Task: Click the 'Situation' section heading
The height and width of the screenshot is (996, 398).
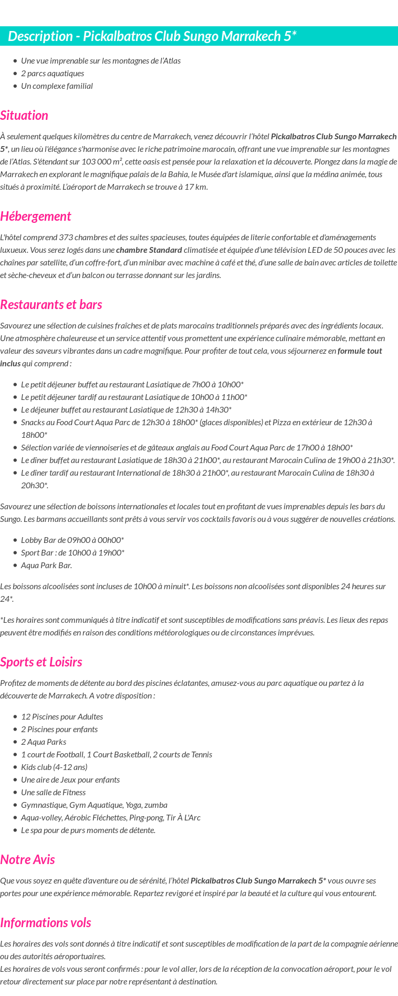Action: (24, 116)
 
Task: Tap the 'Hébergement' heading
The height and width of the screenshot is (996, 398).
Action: (35, 217)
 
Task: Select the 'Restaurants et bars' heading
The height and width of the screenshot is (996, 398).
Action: (51, 305)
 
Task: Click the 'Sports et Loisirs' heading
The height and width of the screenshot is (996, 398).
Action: (41, 662)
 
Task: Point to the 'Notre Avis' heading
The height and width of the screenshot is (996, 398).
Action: (27, 860)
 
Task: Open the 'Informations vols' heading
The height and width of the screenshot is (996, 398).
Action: (45, 923)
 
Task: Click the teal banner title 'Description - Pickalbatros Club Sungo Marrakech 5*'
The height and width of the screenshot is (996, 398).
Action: (152, 36)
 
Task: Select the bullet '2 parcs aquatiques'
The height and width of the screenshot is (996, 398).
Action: (53, 74)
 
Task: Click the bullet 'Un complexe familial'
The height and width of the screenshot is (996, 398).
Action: (57, 86)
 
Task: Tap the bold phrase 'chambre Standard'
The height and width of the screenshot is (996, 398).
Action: (149, 250)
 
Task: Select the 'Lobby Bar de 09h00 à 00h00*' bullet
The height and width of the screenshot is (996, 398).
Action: (72, 540)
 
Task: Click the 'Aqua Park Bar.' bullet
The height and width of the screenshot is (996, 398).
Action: (46, 566)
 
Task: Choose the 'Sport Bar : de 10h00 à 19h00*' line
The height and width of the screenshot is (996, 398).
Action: (72, 553)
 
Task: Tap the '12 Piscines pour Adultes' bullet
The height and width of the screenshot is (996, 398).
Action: (62, 717)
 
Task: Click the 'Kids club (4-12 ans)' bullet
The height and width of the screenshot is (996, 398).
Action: (54, 767)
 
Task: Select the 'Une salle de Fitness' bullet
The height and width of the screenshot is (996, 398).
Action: (53, 793)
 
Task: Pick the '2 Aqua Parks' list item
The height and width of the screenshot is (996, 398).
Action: (44, 742)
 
